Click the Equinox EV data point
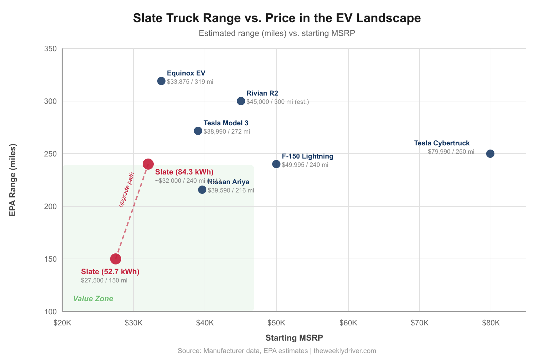click(x=161, y=81)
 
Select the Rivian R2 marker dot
click(x=241, y=101)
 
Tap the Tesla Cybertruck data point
click(x=490, y=154)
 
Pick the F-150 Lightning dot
click(x=276, y=164)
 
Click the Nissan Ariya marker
click(x=202, y=190)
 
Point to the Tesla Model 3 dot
click(x=198, y=131)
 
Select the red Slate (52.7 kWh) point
click(x=116, y=259)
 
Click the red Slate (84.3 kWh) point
click(x=148, y=164)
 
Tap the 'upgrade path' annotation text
click(x=126, y=190)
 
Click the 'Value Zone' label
click(x=93, y=299)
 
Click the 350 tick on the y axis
click(x=51, y=49)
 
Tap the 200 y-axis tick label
click(x=51, y=207)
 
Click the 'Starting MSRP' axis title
click(x=294, y=338)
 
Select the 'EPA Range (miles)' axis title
click(x=13, y=180)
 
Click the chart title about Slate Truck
click(x=277, y=18)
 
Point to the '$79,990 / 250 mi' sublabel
click(x=451, y=152)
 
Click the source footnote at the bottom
click(x=277, y=351)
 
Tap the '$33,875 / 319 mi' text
click(x=190, y=82)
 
